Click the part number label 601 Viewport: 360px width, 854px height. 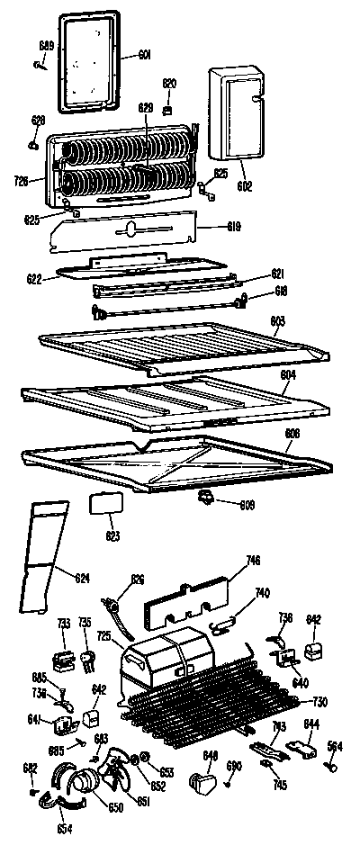[144, 56]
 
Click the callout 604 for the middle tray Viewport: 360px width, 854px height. [288, 373]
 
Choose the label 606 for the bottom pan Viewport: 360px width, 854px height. [292, 434]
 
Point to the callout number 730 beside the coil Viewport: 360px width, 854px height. [319, 702]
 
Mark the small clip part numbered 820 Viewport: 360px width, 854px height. [168, 109]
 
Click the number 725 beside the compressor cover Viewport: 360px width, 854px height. [105, 636]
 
